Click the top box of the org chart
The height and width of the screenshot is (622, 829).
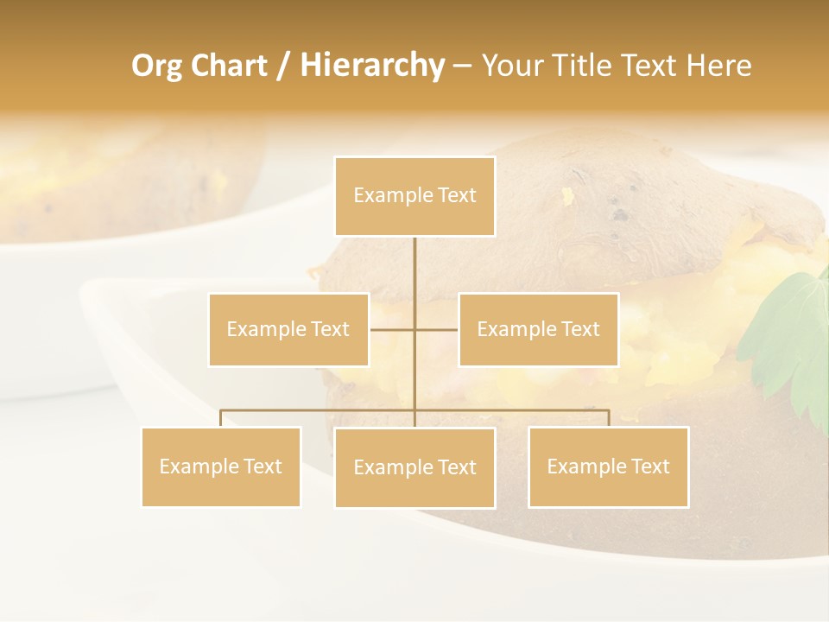pyautogui.click(x=414, y=196)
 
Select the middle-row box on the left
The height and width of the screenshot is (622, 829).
pyautogui.click(x=288, y=329)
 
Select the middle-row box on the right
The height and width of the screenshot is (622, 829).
pyautogui.click(x=538, y=329)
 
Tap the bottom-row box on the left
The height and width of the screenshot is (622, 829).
pyautogui.click(x=221, y=466)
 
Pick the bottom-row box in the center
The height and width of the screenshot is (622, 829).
pyautogui.click(x=414, y=467)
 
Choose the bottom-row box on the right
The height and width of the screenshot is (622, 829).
pyautogui.click(x=608, y=466)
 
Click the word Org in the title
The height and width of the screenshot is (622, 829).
pyautogui.click(x=156, y=66)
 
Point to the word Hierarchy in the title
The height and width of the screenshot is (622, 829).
pyautogui.click(x=372, y=66)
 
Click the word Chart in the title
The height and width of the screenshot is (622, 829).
pyautogui.click(x=229, y=66)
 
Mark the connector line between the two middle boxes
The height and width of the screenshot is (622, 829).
pyautogui.click(x=414, y=329)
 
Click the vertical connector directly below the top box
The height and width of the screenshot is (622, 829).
pyautogui.click(x=414, y=263)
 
